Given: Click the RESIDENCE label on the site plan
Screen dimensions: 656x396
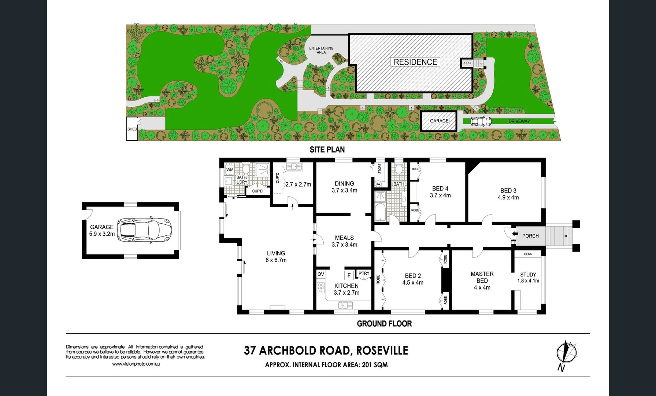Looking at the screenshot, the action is click(x=415, y=62).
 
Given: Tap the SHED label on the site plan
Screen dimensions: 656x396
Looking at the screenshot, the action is click(x=132, y=129).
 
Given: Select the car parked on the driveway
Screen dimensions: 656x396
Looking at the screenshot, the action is click(x=481, y=121).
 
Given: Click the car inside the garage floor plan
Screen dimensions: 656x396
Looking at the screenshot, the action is click(x=144, y=230).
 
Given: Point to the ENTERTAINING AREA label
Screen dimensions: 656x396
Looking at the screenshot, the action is click(x=321, y=50).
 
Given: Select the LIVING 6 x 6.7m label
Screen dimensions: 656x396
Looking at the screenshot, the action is click(x=276, y=257).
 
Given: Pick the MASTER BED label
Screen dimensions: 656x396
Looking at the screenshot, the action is click(x=482, y=277).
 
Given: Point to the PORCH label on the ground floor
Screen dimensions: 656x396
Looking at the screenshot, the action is click(x=530, y=236).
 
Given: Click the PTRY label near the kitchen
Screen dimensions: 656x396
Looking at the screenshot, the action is click(x=364, y=274).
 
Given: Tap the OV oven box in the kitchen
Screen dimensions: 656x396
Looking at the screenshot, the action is click(x=321, y=274).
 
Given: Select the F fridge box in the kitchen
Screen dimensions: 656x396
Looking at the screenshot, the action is click(x=349, y=275).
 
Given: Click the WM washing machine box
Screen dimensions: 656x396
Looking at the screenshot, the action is click(x=230, y=170).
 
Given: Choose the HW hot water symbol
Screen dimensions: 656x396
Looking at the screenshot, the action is click(x=378, y=184).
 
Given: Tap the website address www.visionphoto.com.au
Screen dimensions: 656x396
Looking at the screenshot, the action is click(x=136, y=364).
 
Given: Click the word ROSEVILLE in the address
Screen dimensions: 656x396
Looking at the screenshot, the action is click(x=382, y=351).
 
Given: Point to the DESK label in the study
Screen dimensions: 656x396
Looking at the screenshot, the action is click(x=528, y=254).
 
